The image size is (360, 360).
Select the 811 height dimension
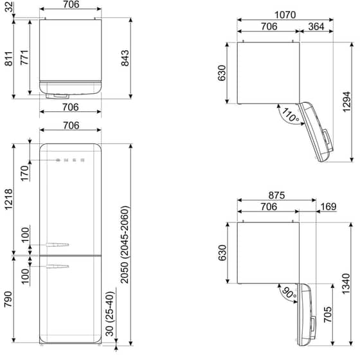(9, 59)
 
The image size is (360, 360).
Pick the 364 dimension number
(316, 26)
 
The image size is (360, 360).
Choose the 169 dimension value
(328, 207)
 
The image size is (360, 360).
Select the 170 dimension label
(24, 173)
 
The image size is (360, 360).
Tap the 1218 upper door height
(9, 201)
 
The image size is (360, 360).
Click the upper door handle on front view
(55, 244)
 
